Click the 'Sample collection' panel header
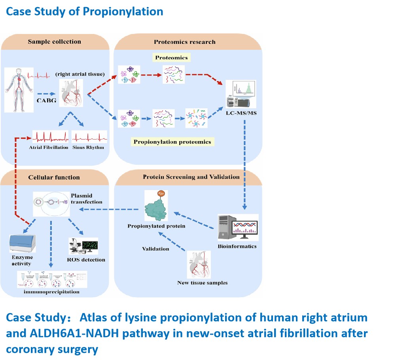pyautogui.click(x=55, y=41)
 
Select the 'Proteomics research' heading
pyautogui.click(x=184, y=41)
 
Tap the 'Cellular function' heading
pyautogui.click(x=54, y=177)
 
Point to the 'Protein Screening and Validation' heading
pyautogui.click(x=191, y=177)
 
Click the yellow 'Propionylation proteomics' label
pyautogui.click(x=172, y=141)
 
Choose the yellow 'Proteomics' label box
pyautogui.click(x=172, y=58)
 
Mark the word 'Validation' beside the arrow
pyautogui.click(x=156, y=249)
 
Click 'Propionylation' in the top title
pyautogui.click(x=123, y=11)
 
